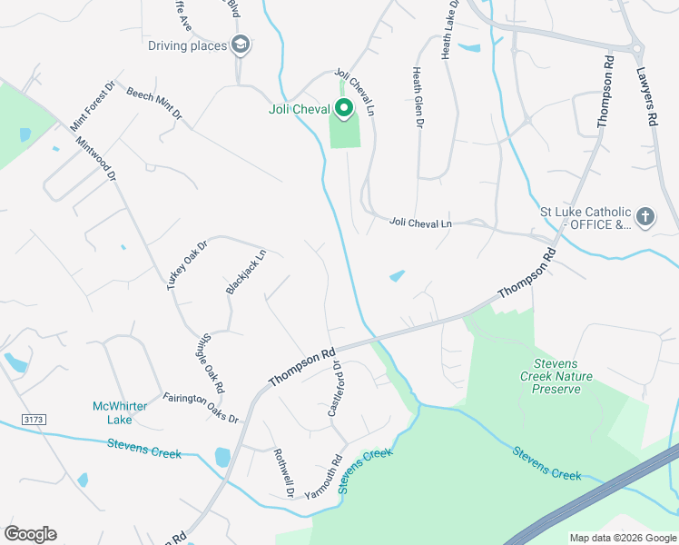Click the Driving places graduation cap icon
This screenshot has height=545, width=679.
pos(241,44)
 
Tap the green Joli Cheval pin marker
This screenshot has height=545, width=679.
pos(344,110)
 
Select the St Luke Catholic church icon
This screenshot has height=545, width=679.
pos(645,217)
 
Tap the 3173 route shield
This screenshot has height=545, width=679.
pos(34,420)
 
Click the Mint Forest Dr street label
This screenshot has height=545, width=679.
pos(92,104)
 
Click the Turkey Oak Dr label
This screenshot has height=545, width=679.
pos(188,264)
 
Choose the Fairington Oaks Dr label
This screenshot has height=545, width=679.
pos(201,408)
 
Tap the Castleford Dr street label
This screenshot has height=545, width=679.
pos(334,389)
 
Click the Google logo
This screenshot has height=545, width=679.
pos(30,534)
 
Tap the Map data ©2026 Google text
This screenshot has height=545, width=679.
pos(622,538)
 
